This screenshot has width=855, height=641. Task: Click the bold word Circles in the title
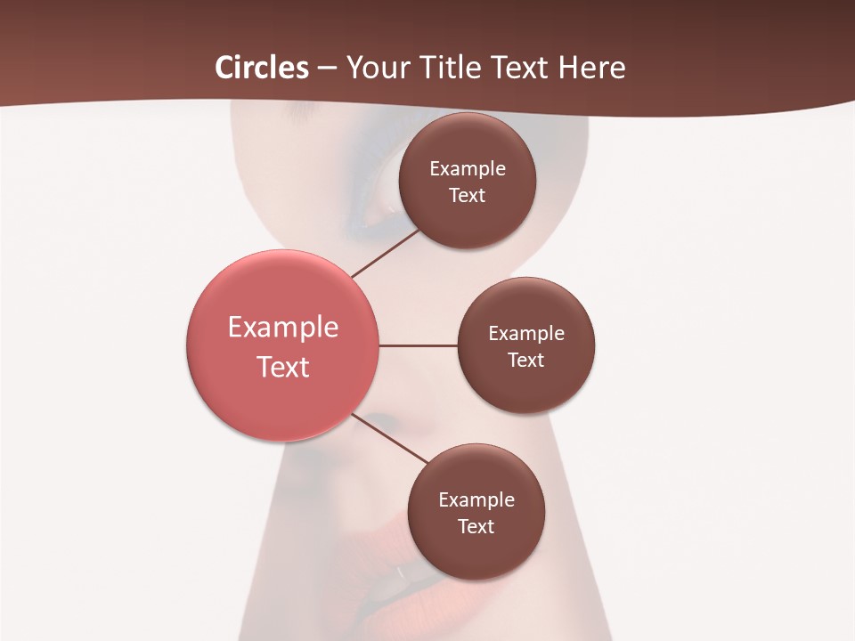pos(262,68)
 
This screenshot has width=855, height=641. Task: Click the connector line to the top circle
pos(385,253)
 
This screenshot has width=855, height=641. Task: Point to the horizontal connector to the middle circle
pos(418,345)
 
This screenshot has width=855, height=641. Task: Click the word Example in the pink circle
pos(283,328)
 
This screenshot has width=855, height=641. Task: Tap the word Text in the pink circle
pos(283,367)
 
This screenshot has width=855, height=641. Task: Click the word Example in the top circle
pos(467,168)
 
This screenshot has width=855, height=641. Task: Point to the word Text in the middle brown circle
pos(525,360)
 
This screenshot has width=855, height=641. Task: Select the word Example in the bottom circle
pos(476,499)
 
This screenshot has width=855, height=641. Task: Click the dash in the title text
pos(327,68)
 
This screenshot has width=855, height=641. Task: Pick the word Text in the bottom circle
pos(476,526)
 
